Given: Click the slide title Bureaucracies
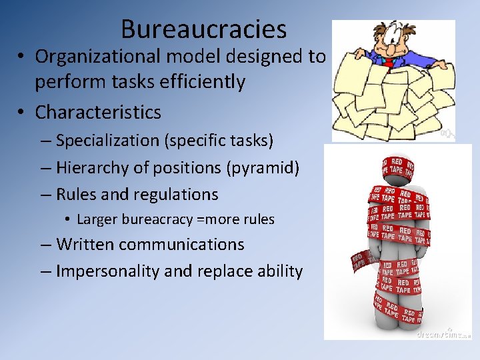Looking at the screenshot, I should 203,29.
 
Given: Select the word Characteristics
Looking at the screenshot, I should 98,112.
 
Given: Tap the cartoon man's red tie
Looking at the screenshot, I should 388,63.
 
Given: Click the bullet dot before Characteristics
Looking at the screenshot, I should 23,112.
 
